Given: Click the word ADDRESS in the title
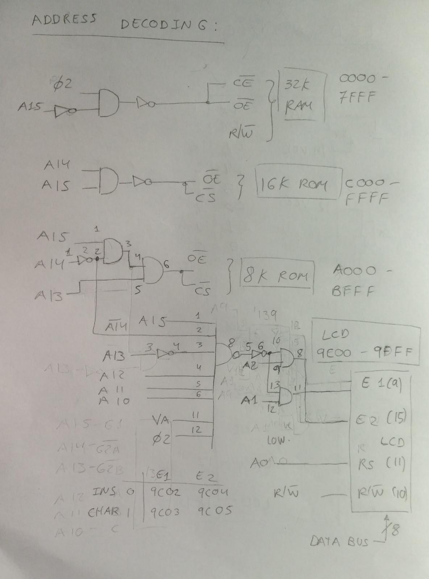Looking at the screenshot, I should click(64, 20).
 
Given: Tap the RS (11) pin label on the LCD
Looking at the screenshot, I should click(381, 464).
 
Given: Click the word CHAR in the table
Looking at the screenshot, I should click(103, 512).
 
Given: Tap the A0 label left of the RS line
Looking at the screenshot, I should click(257, 463).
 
